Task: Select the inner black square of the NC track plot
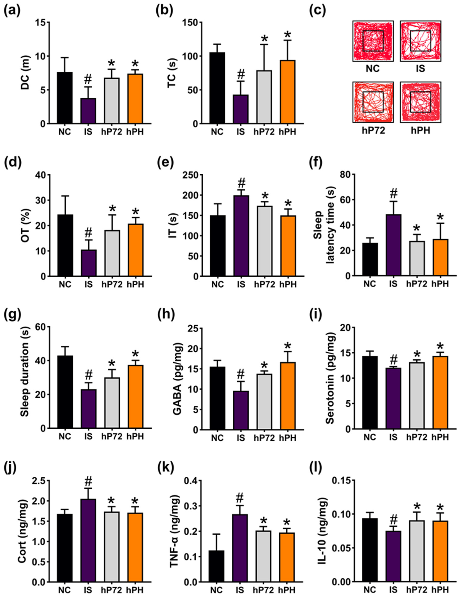[373, 41]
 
